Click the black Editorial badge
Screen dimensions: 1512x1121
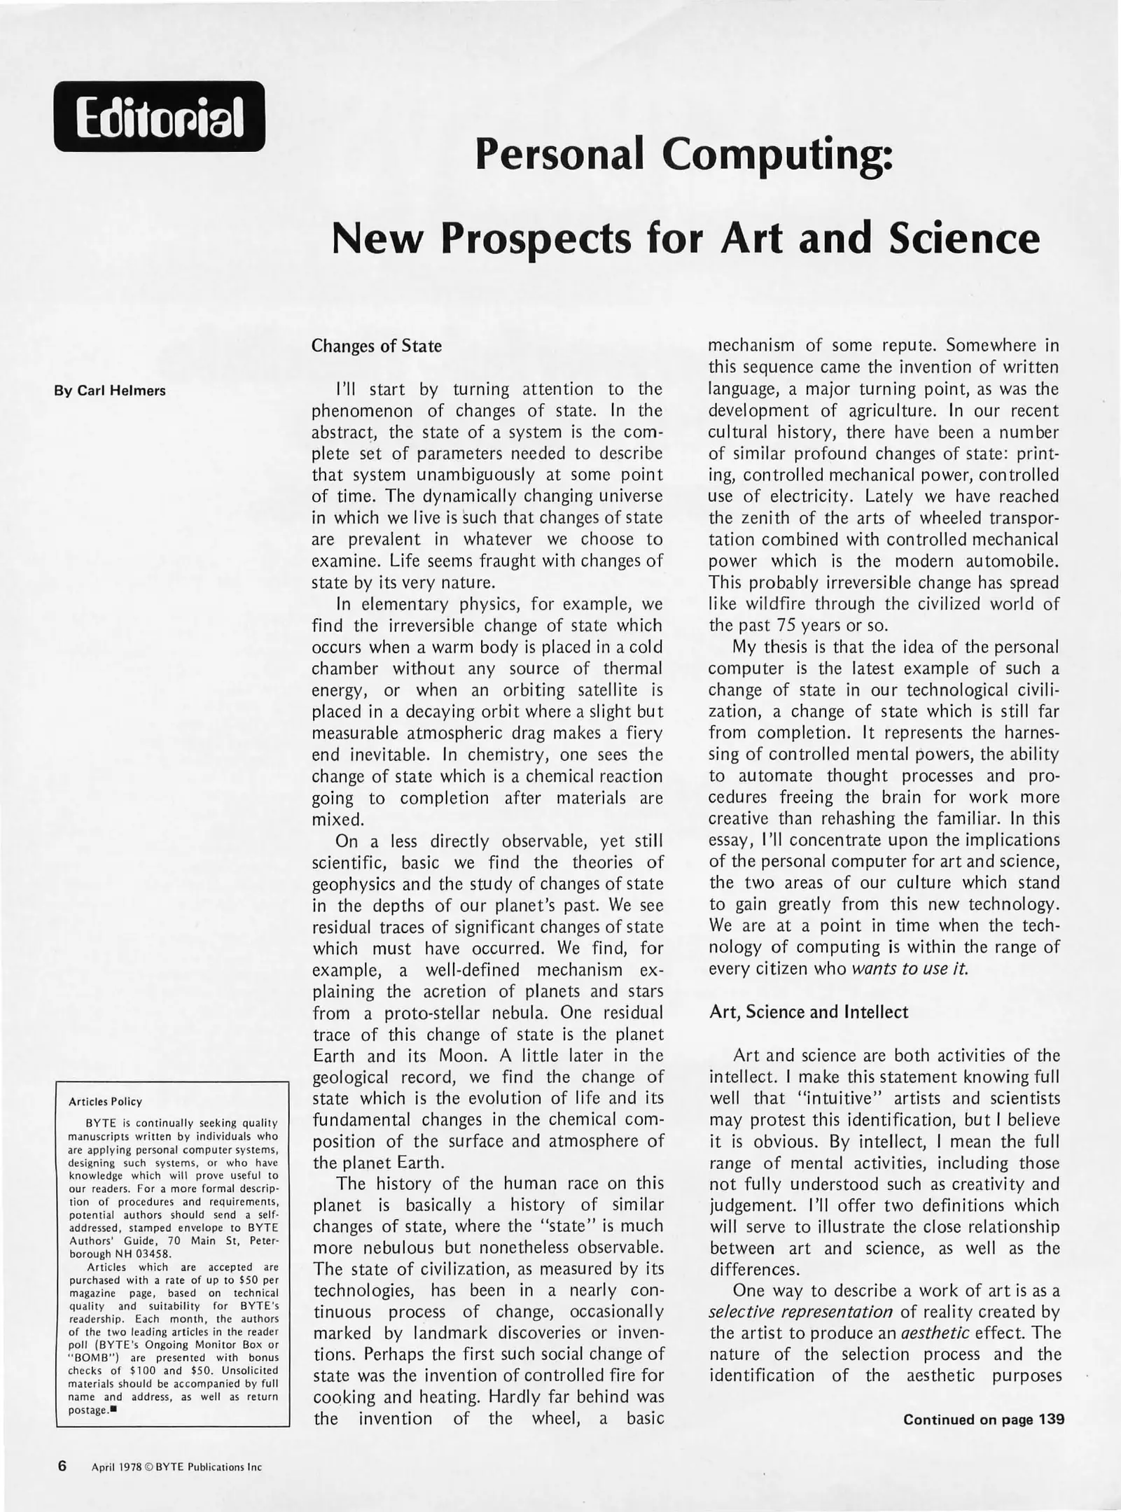click(160, 116)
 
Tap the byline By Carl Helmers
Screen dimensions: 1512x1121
click(110, 391)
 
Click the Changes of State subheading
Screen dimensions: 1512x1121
click(376, 346)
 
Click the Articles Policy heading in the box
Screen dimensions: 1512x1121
click(105, 1101)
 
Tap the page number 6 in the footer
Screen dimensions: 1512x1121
click(62, 1465)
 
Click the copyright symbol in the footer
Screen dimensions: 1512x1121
click(147, 1467)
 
